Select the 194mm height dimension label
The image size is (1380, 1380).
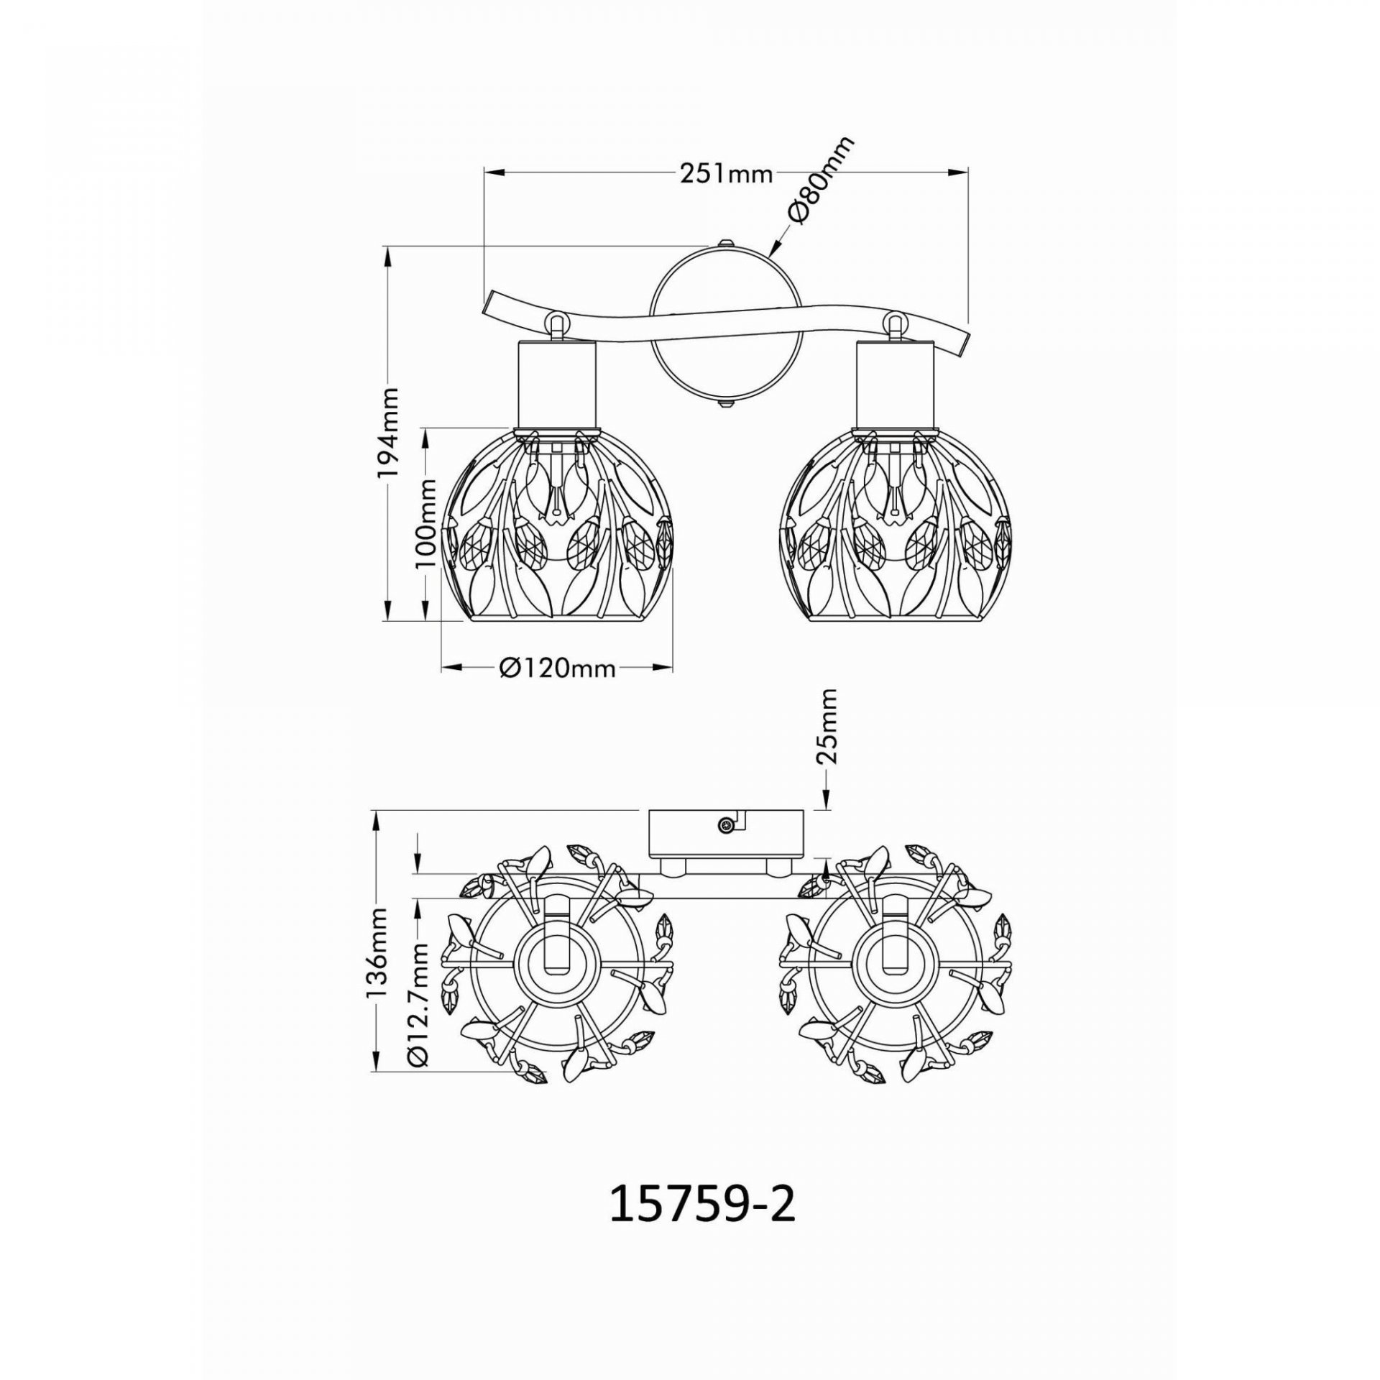389,433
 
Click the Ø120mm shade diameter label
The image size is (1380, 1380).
558,668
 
